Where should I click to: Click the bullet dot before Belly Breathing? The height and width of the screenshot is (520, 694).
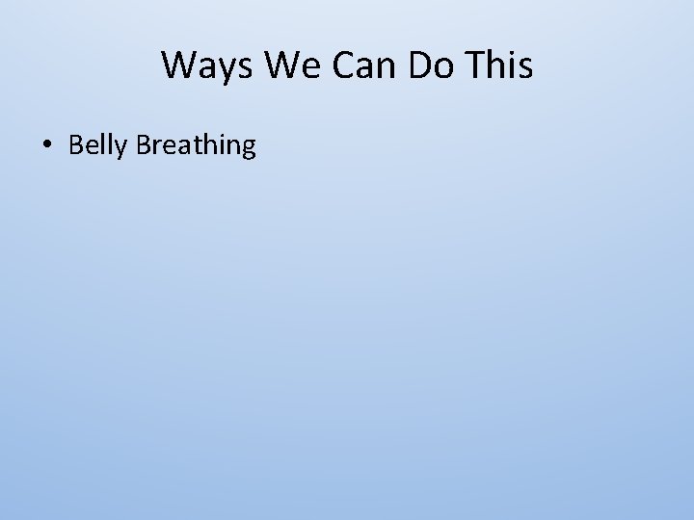click(x=46, y=146)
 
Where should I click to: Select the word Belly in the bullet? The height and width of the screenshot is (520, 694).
click(x=99, y=145)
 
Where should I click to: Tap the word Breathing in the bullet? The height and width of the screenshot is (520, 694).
click(x=197, y=145)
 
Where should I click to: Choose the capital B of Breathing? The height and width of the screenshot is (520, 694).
click(x=145, y=144)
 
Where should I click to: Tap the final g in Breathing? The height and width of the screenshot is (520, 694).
click(x=248, y=148)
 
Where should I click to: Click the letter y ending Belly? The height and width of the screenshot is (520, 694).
click(x=123, y=148)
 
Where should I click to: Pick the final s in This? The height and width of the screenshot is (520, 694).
click(x=523, y=68)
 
